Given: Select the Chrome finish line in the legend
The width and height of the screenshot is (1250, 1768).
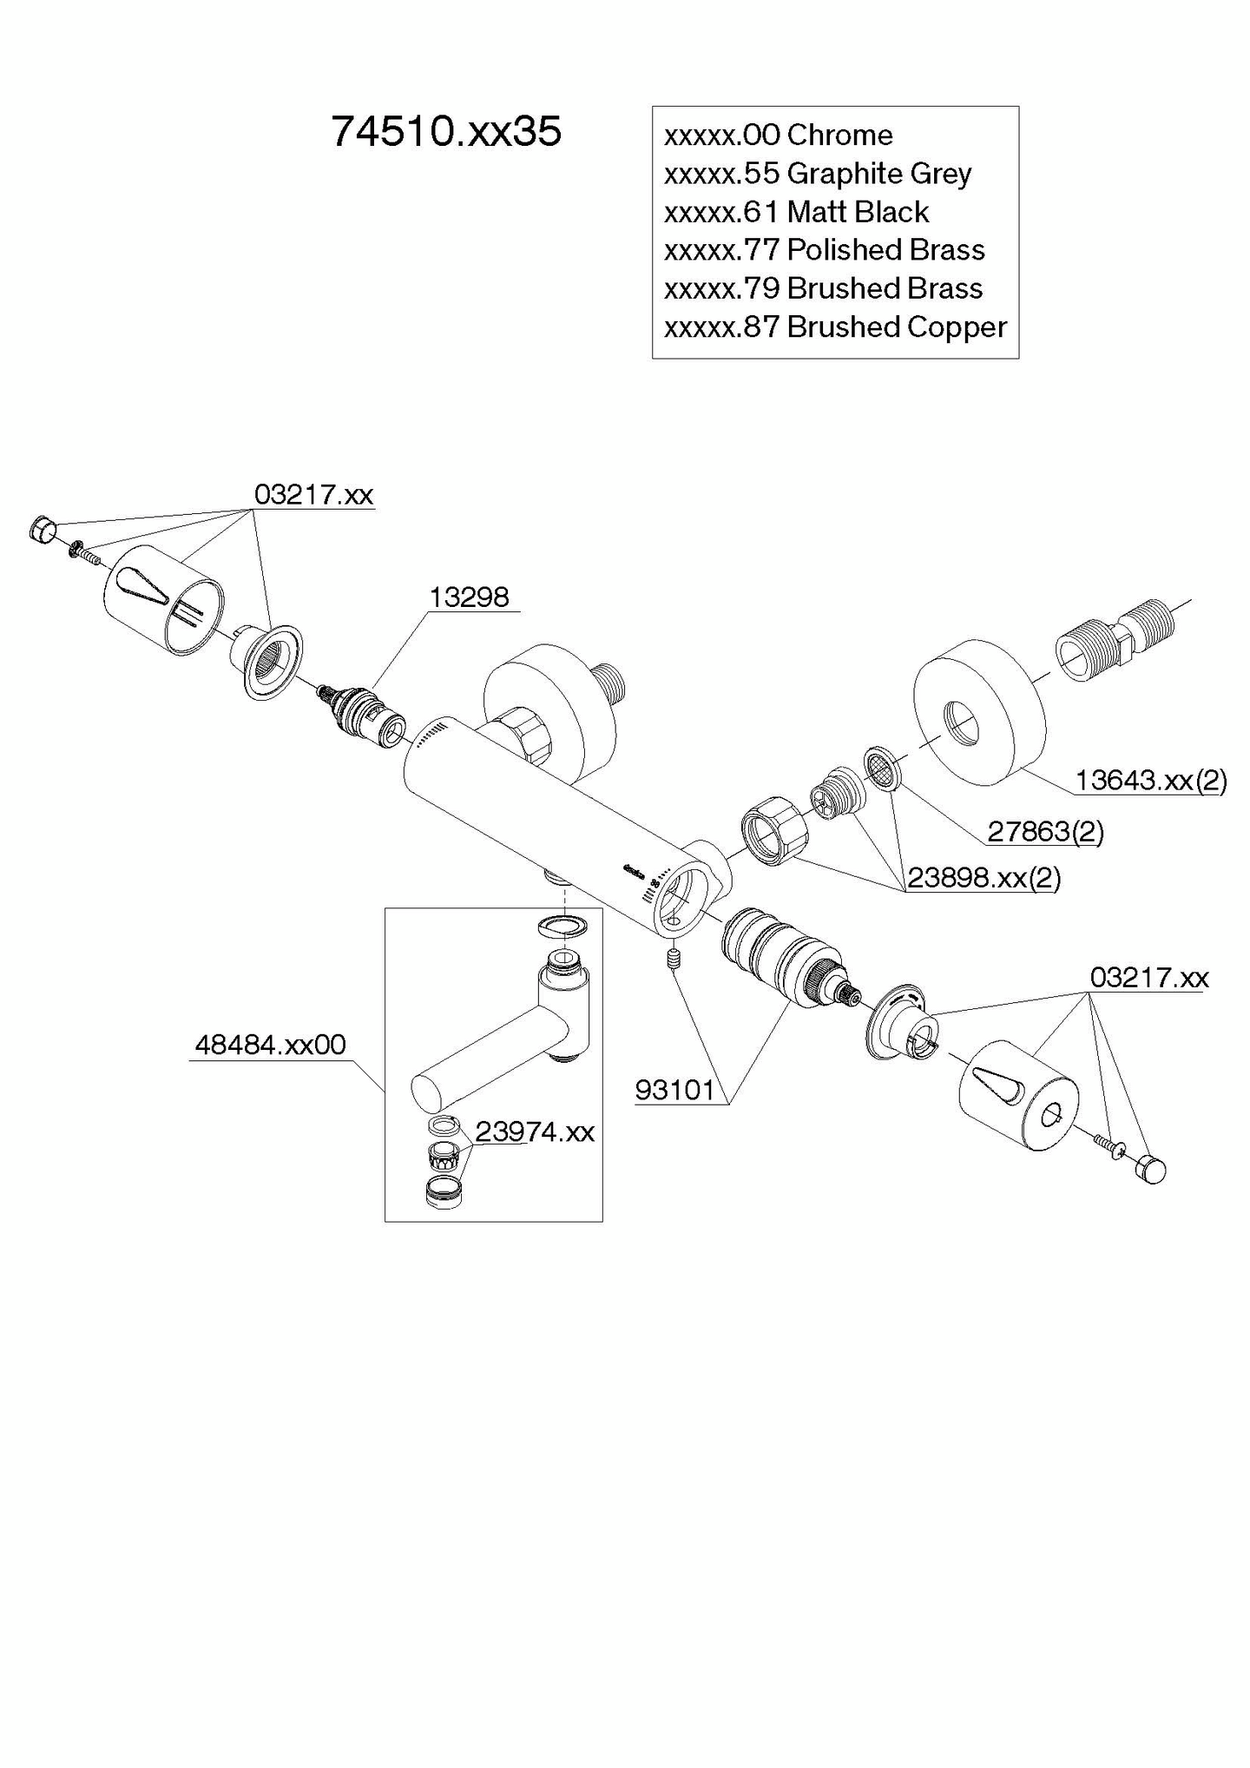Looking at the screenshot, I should (778, 135).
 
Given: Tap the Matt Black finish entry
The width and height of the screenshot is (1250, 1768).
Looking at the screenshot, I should (796, 212).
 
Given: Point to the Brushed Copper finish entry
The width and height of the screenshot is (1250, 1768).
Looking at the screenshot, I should (835, 327).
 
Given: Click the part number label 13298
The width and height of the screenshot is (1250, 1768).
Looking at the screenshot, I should (469, 597).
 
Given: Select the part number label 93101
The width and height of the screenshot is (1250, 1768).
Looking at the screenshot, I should (674, 1090).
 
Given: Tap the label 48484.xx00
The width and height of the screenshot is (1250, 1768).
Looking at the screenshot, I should (270, 1045).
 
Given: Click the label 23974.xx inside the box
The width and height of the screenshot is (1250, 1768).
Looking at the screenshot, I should (535, 1131).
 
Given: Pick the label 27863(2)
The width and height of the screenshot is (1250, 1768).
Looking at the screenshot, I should (1045, 832).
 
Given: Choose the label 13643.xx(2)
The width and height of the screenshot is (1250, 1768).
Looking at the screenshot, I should (1150, 781).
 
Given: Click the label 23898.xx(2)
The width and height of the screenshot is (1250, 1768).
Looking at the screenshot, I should (984, 878).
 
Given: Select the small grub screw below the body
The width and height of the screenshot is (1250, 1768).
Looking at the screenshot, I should (670, 960).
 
